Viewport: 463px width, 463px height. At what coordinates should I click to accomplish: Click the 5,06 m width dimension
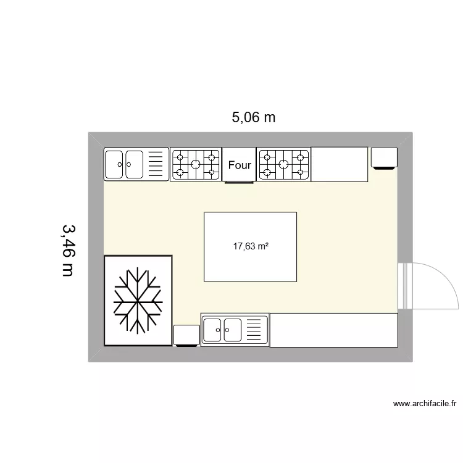coord(253,117)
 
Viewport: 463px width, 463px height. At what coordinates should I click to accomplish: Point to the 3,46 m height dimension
coord(67,249)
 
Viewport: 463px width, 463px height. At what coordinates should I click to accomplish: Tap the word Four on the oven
coord(240,165)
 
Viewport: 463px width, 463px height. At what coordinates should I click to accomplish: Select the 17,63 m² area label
coord(250,246)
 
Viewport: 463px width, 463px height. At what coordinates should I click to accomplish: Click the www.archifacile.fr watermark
coord(424,404)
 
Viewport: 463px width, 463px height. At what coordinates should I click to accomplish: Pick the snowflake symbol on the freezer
coord(138,300)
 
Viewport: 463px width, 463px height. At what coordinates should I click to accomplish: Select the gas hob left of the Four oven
coord(196,164)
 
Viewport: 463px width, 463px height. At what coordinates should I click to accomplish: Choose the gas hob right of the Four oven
coord(283,164)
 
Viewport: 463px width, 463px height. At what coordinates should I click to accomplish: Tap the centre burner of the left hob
coord(196,164)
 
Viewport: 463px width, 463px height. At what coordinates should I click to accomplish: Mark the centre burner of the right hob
coord(283,164)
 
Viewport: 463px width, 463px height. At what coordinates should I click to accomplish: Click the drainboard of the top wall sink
coord(157,164)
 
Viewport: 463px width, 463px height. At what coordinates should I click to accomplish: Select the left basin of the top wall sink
coord(115,164)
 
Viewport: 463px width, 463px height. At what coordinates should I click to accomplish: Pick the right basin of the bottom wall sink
coord(233,330)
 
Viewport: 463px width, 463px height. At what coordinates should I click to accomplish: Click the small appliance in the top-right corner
coord(384,157)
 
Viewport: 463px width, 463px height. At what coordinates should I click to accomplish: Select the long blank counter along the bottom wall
coord(333,330)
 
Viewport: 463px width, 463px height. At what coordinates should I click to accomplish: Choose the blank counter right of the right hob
coord(340,164)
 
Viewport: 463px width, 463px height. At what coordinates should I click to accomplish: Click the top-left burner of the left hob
coord(180,156)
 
